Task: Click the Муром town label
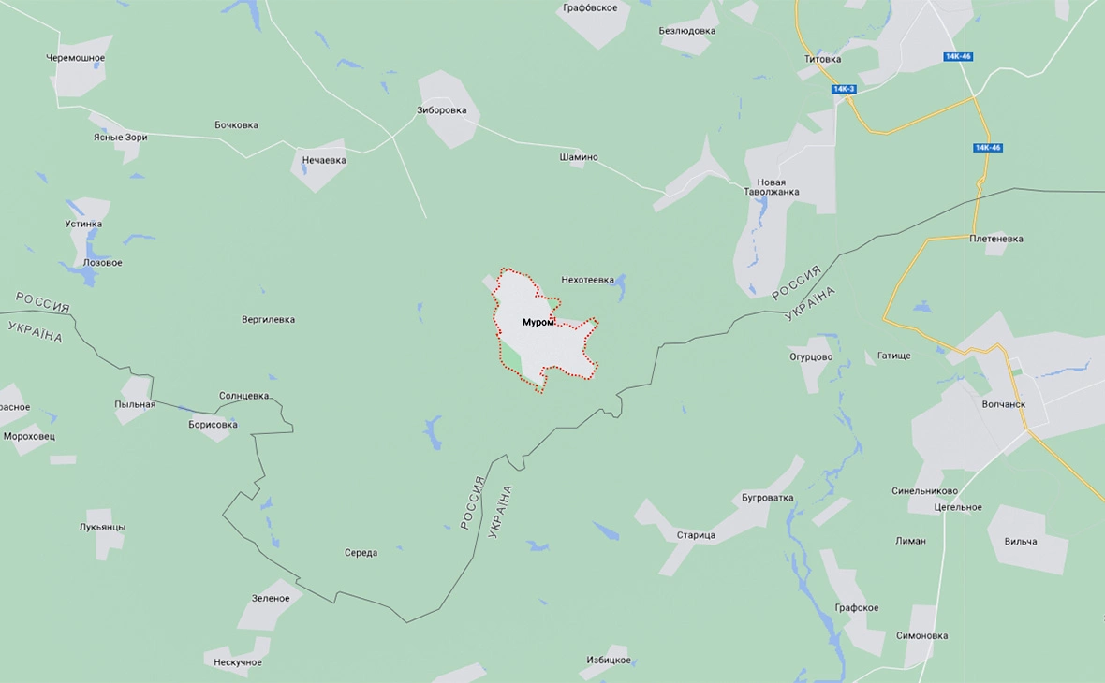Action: [x=538, y=323]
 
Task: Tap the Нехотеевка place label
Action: [x=587, y=280]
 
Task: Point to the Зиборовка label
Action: [x=441, y=109]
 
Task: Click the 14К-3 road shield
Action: [x=844, y=89]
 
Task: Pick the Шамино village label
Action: [x=579, y=157]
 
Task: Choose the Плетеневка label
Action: [x=996, y=239]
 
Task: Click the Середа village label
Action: [x=361, y=553]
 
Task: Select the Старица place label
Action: [x=696, y=535]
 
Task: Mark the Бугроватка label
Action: [x=767, y=498]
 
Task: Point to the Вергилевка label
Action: [x=268, y=320]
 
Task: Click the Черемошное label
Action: [x=76, y=58]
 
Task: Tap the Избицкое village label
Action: [x=609, y=660]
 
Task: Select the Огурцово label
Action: [x=811, y=356]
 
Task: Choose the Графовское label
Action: [x=590, y=8]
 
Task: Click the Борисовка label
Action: [x=213, y=425]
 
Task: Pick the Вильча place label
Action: [x=1021, y=542]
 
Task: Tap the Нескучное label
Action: [x=238, y=662]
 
